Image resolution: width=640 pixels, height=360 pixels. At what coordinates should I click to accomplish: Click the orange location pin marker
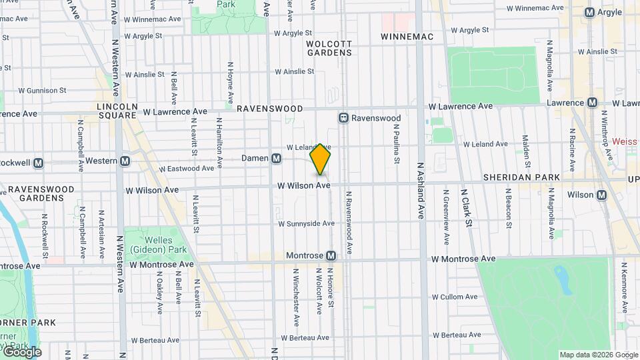[x=321, y=159]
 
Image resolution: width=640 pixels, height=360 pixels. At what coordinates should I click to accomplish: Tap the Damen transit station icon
[x=276, y=159]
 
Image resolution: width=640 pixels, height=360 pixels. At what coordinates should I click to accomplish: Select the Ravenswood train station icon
[x=344, y=117]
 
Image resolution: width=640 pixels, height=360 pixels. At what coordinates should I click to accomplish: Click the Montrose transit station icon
[x=331, y=256]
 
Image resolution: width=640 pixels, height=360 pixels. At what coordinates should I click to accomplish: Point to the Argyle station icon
[x=590, y=13]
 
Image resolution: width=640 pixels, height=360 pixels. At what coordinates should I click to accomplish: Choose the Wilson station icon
[x=602, y=195]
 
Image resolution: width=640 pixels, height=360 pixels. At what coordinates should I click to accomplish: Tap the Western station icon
[x=125, y=161]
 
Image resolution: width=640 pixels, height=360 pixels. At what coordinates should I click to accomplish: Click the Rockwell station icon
[x=38, y=162]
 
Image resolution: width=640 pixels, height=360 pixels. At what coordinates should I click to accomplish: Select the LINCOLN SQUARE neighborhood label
[x=117, y=111]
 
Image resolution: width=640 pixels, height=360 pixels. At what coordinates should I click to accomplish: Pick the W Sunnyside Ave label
[x=306, y=223]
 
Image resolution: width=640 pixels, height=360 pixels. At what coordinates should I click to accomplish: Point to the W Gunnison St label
[x=42, y=90]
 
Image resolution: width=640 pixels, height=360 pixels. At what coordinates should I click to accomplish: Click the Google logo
[x=22, y=352]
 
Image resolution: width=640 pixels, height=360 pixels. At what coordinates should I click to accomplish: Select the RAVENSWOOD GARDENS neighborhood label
[x=41, y=193]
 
